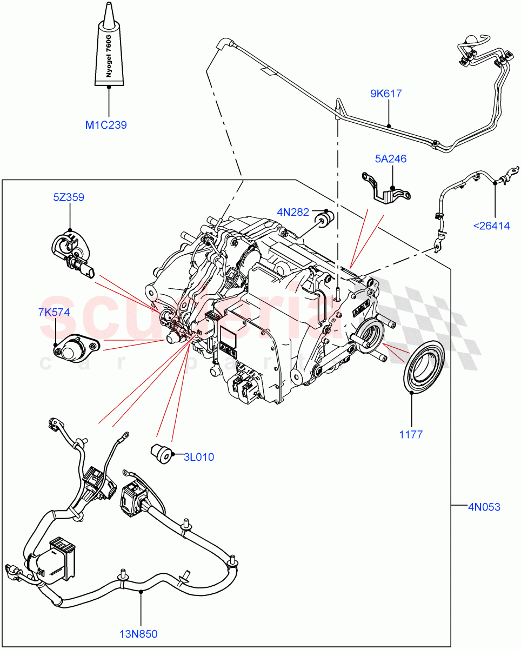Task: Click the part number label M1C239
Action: [106, 125]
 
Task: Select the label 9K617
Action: [385, 94]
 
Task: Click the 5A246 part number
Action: [390, 159]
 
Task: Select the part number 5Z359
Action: [68, 197]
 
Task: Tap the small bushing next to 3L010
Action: [161, 453]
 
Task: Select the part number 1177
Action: [412, 434]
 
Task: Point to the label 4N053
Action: [484, 507]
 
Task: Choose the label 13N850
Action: [139, 634]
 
